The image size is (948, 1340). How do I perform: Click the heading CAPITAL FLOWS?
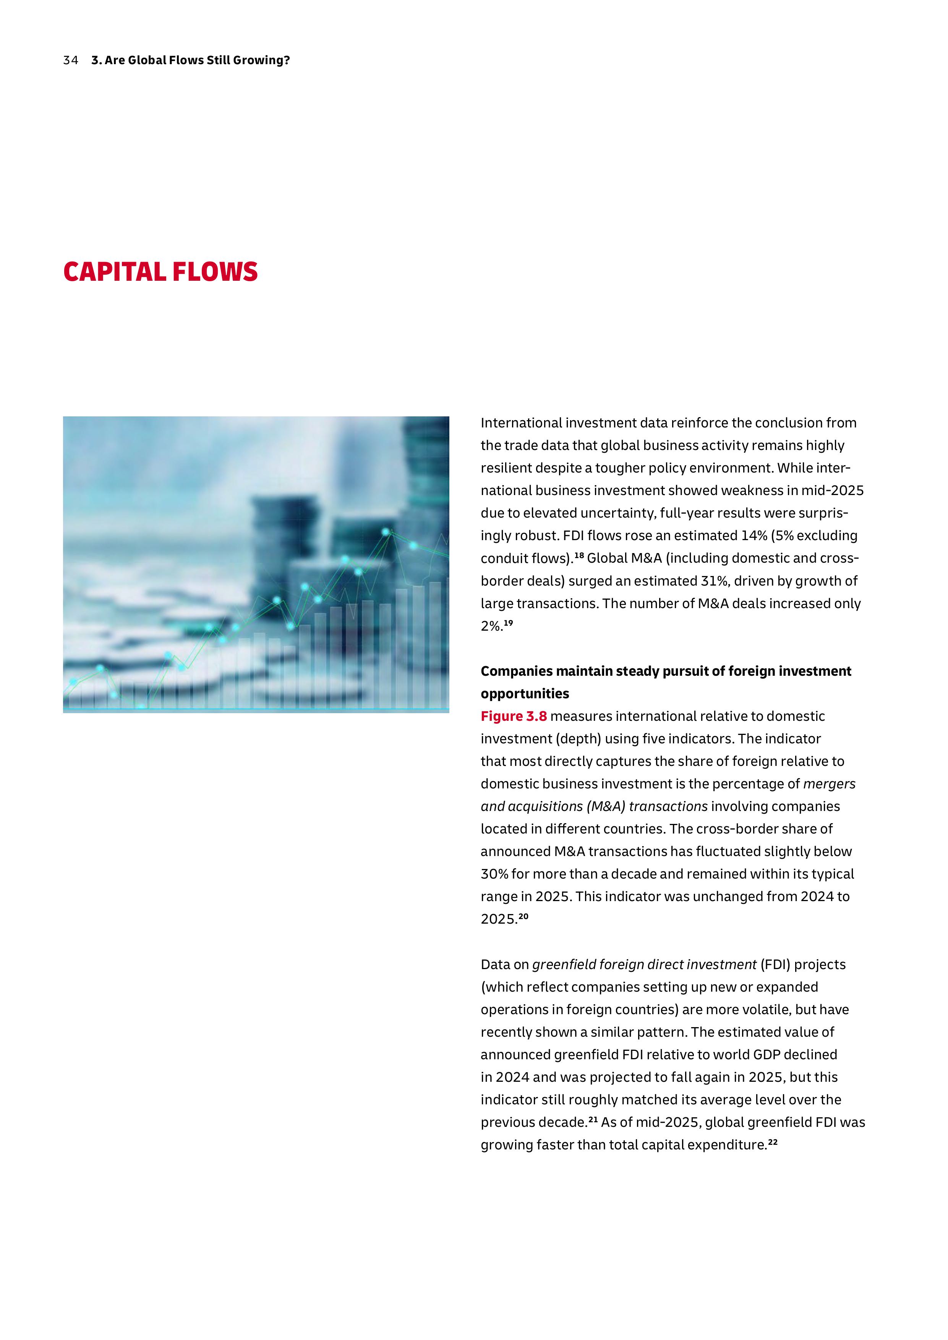pyautogui.click(x=160, y=272)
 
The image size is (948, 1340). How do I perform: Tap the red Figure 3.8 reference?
pyautogui.click(x=514, y=716)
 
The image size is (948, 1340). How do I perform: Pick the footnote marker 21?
pyautogui.click(x=593, y=1119)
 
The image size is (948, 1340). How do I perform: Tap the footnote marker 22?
pyautogui.click(x=772, y=1142)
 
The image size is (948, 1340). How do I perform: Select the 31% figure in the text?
pyautogui.click(x=715, y=581)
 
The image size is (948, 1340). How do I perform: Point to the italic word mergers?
pyautogui.click(x=829, y=784)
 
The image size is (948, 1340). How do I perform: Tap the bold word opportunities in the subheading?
pyautogui.click(x=525, y=694)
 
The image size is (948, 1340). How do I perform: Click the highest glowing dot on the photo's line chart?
pyautogui.click(x=386, y=532)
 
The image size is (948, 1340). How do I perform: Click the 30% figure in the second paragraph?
pyautogui.click(x=494, y=874)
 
